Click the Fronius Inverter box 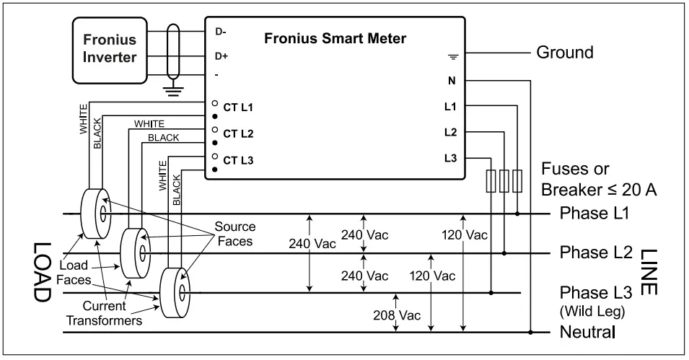pos(109,48)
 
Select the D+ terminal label pos(221,56)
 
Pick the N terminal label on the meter pos(451,81)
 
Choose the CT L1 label pos(238,108)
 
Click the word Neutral pos(587,333)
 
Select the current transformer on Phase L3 pos(175,292)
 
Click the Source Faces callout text pos(235,233)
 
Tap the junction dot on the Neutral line pos(530,333)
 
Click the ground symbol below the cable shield pos(172,91)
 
